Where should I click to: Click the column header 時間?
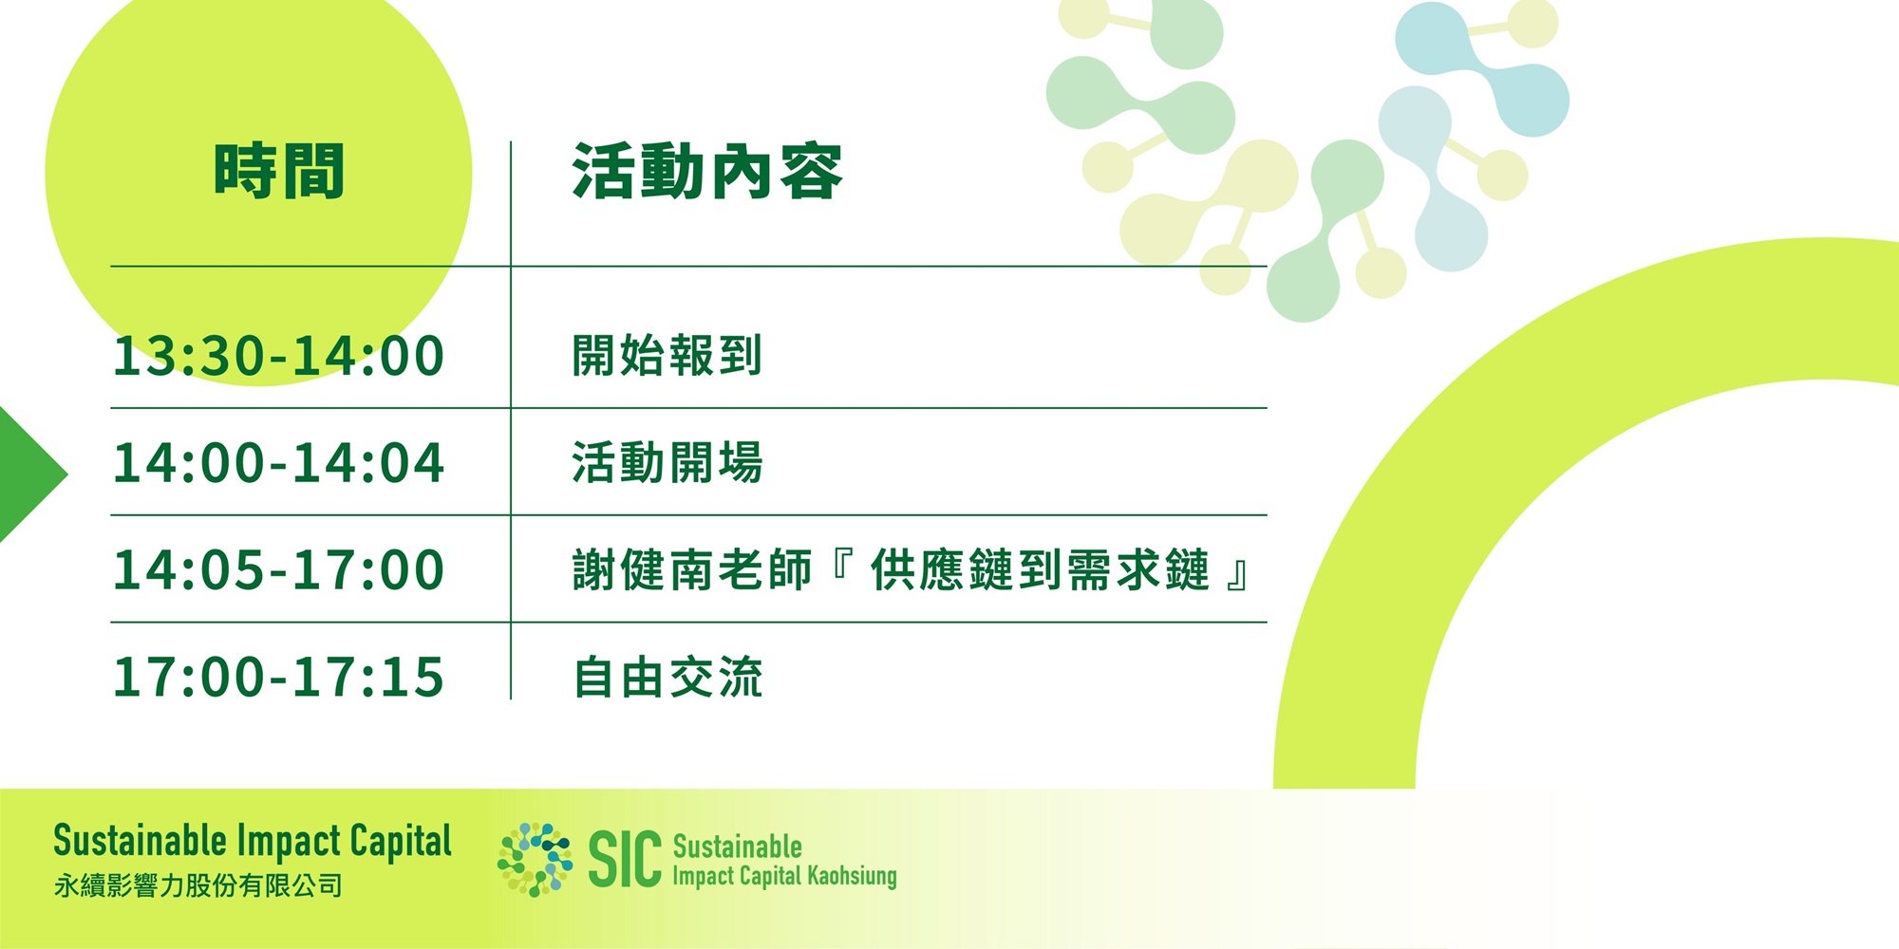coord(278,172)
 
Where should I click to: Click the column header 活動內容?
coord(707,172)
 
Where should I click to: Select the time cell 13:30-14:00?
coord(278,356)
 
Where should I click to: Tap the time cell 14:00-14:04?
coord(278,463)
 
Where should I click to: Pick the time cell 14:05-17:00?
coord(278,569)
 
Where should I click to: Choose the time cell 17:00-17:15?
coord(278,677)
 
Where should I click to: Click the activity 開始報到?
coord(667,356)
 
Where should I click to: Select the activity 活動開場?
coord(667,463)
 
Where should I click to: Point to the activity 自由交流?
coord(667,678)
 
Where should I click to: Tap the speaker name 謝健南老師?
coord(693,570)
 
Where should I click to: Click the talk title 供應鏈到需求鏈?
coord(1040,570)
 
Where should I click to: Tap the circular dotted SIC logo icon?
coord(536,860)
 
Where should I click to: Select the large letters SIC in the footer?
coord(625,860)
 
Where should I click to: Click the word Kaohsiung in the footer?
coord(852,876)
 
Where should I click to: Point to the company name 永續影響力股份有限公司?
coord(197,886)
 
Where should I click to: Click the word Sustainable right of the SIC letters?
coord(738,847)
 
